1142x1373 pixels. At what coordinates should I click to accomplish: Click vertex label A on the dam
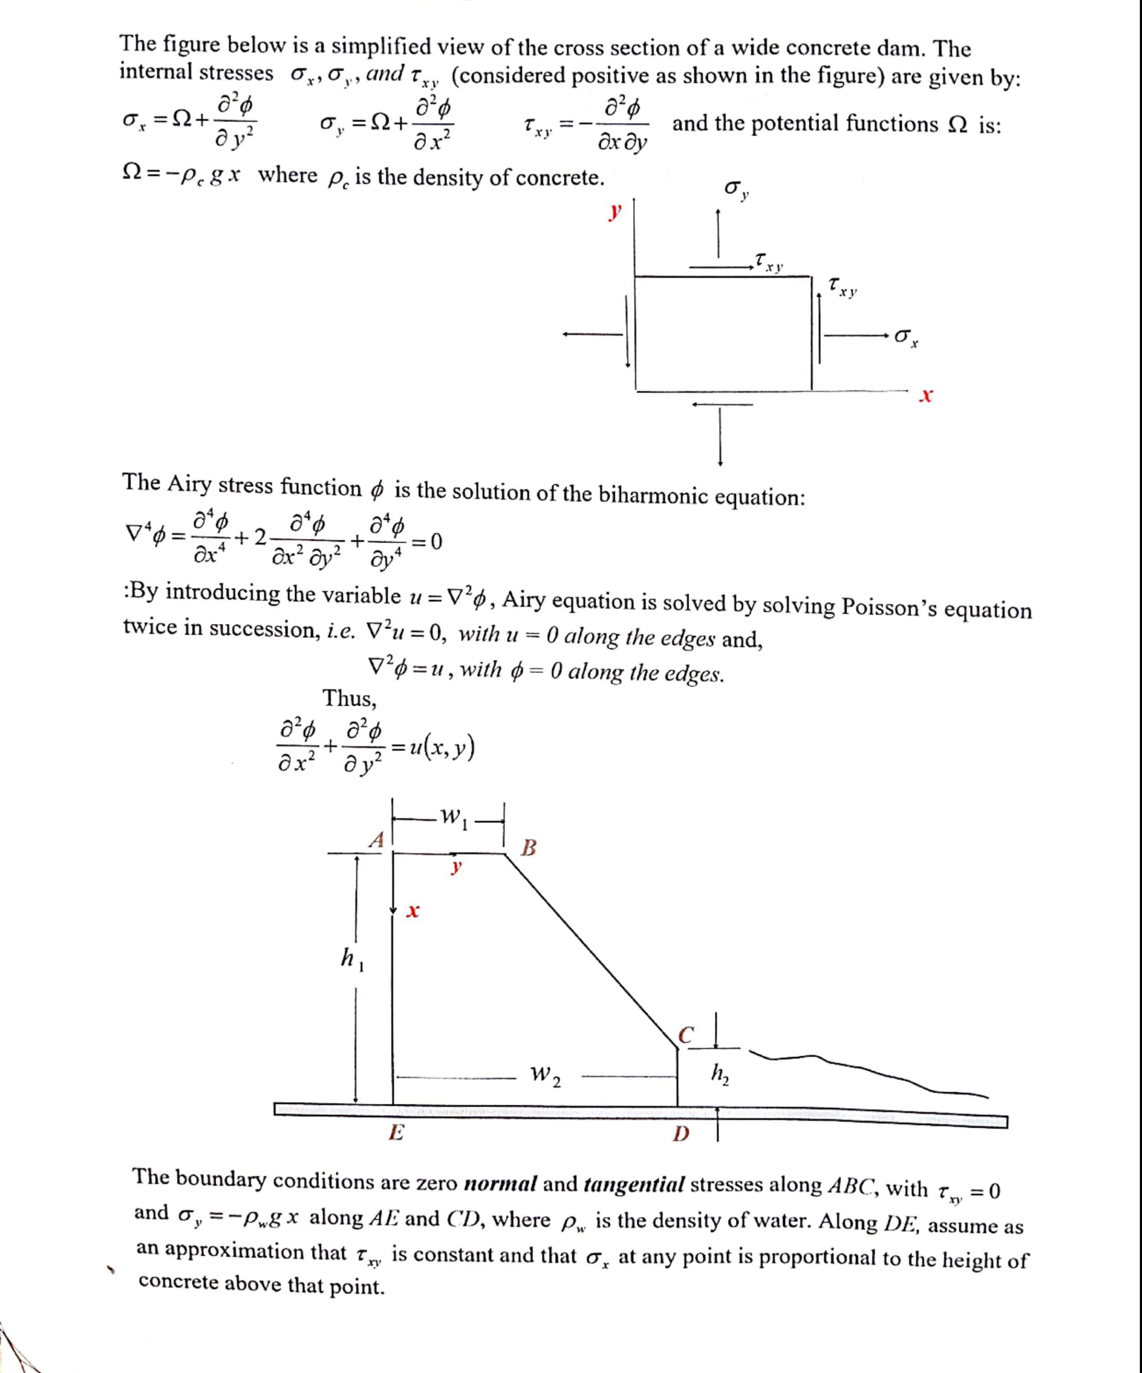pos(376,840)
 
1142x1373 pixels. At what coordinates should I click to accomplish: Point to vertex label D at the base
pos(681,1133)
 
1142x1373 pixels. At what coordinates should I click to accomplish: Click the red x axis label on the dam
pos(412,911)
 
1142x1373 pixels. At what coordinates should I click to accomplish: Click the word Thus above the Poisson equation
pos(349,698)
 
